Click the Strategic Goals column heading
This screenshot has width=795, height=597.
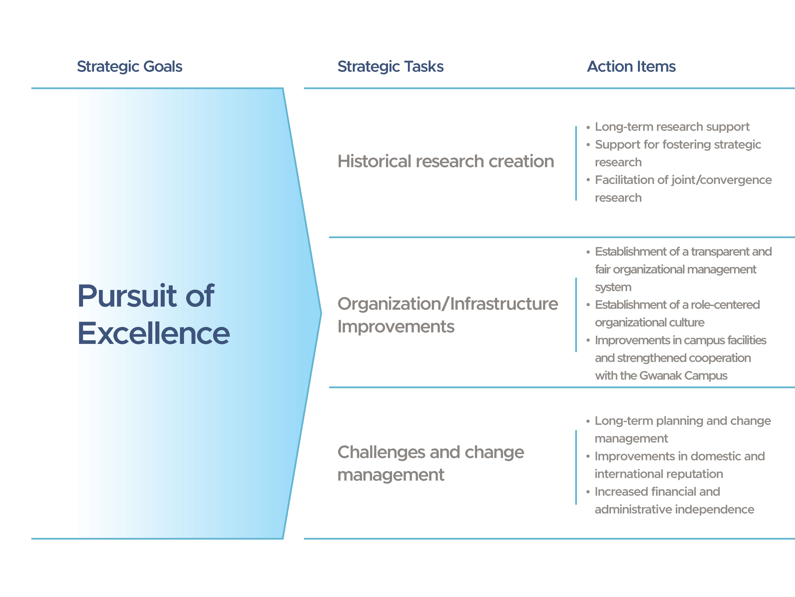tap(130, 67)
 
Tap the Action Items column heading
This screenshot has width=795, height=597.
tap(631, 67)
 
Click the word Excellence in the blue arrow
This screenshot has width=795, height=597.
tap(154, 333)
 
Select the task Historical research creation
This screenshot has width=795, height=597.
tap(446, 161)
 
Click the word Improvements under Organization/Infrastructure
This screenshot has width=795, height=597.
tap(396, 327)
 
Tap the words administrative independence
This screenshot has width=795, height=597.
tap(674, 510)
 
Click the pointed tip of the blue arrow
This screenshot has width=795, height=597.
tap(321, 314)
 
